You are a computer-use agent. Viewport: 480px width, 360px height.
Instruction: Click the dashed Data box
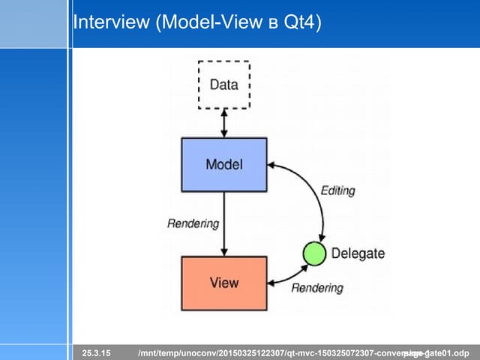coord(223,85)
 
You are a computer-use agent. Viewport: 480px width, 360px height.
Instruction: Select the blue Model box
coord(223,164)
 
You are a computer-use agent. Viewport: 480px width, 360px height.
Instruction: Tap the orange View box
coord(223,283)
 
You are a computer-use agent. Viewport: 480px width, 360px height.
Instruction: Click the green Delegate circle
coord(314,254)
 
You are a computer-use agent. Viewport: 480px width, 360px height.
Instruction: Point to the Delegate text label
coord(358,253)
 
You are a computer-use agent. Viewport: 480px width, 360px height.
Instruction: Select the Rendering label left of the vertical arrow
coord(193,223)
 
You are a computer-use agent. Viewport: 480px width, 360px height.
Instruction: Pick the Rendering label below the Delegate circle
coord(316,288)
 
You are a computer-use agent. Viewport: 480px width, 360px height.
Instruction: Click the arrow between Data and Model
coord(223,123)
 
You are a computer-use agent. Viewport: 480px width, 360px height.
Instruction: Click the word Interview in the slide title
coord(112,23)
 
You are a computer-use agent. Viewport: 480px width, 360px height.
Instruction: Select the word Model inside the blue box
coord(223,164)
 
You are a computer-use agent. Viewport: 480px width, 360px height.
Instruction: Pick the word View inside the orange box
coord(223,283)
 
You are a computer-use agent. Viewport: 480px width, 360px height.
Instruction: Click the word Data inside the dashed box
coord(223,85)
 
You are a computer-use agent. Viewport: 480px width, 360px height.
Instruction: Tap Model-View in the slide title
coord(214,23)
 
